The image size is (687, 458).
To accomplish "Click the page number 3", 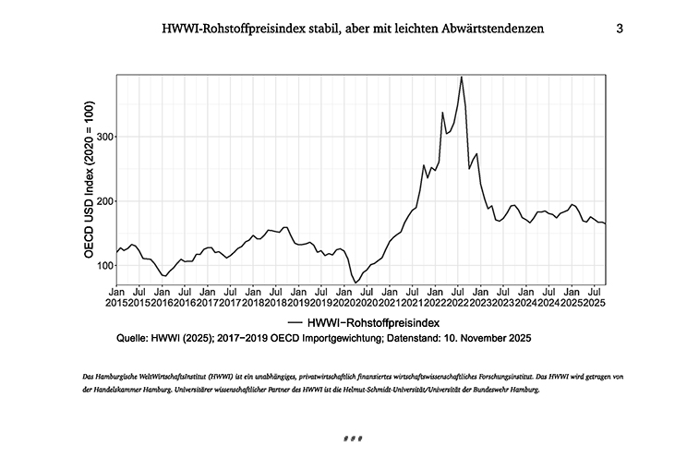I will pyautogui.click(x=620, y=29).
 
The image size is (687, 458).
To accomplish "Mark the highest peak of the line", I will pyautogui.click(x=461, y=77).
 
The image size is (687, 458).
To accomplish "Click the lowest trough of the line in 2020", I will pyautogui.click(x=356, y=283).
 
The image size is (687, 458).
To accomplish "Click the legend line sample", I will pyautogui.click(x=296, y=321).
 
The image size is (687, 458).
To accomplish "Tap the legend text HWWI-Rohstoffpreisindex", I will pyautogui.click(x=375, y=321).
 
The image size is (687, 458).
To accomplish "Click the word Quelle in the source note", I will pyautogui.click(x=135, y=339).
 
